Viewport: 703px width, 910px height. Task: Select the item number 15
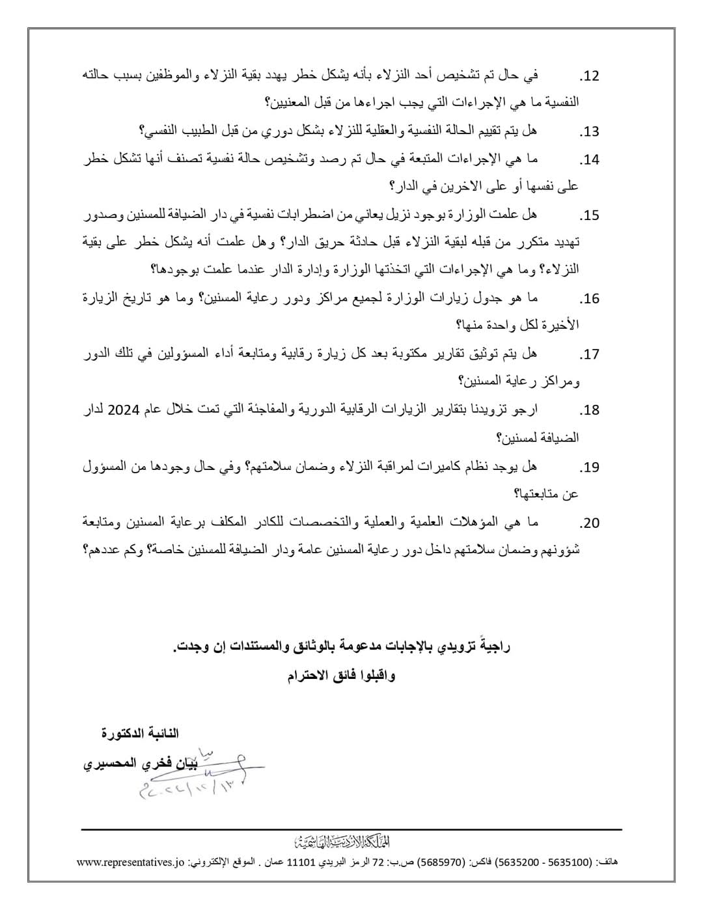588,215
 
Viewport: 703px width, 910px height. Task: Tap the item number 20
588,523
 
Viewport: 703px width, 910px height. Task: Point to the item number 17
588,355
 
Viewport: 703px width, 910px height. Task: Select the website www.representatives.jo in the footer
131,863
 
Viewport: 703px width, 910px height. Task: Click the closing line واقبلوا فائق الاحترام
341,676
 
